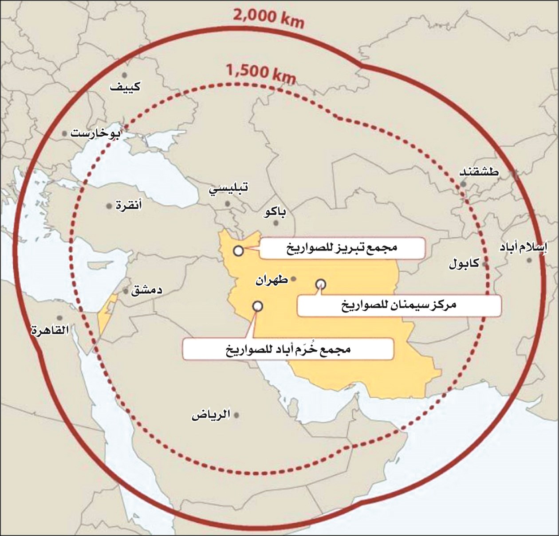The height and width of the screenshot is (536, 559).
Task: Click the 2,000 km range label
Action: [x=268, y=18]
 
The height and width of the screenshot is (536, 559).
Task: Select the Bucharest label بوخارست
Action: [x=95, y=133]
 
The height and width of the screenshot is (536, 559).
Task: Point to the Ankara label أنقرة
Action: [x=128, y=206]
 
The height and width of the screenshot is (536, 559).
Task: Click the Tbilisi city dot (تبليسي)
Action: [x=227, y=203]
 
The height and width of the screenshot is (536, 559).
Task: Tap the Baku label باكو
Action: [x=275, y=212]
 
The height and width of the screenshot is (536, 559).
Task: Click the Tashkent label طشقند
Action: [x=479, y=172]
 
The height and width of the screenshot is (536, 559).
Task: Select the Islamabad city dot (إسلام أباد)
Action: [x=529, y=260]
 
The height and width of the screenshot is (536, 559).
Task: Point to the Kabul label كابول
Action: [x=464, y=264]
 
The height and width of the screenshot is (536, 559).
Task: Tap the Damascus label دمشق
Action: [x=146, y=290]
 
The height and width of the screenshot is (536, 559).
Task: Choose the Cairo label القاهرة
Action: [x=49, y=330]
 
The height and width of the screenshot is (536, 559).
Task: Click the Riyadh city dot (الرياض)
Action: [x=237, y=415]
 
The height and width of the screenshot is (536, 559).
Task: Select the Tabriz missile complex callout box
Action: [x=342, y=248]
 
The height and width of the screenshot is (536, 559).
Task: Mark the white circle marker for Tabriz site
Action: [x=238, y=251]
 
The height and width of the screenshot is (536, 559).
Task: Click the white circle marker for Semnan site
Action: [x=320, y=284]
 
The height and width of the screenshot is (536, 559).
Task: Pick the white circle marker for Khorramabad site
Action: [x=257, y=306]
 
